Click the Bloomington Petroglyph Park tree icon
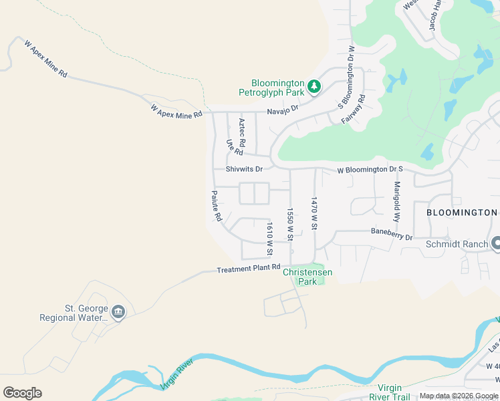point(314,87)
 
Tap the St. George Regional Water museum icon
point(118,312)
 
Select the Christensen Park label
point(307,277)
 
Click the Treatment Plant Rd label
point(249,269)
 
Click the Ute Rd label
point(233,148)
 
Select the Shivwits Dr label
point(244,169)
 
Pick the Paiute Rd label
point(217,207)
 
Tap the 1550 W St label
point(290,224)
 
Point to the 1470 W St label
point(313,213)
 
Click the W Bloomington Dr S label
point(370,170)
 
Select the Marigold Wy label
point(397,201)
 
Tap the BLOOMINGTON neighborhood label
point(462,212)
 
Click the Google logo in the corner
point(22,393)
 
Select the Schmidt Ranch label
point(457,244)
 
